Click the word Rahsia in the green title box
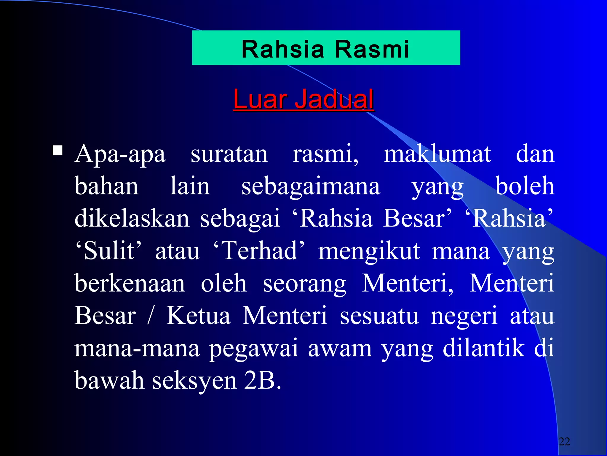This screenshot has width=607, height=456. pyautogui.click(x=282, y=49)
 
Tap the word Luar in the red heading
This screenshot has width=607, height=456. pyautogui.click(x=260, y=99)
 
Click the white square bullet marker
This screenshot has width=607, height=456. pyautogui.click(x=57, y=151)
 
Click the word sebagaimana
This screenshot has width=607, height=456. pyautogui.click(x=311, y=186)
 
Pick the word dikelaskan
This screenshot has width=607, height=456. pyautogui.click(x=132, y=218)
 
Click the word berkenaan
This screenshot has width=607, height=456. pyautogui.click(x=130, y=283)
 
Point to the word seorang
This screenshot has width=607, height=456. pyautogui.click(x=304, y=284)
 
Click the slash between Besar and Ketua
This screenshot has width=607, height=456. pyautogui.click(x=151, y=316)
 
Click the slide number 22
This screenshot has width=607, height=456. pyautogui.click(x=564, y=441)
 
